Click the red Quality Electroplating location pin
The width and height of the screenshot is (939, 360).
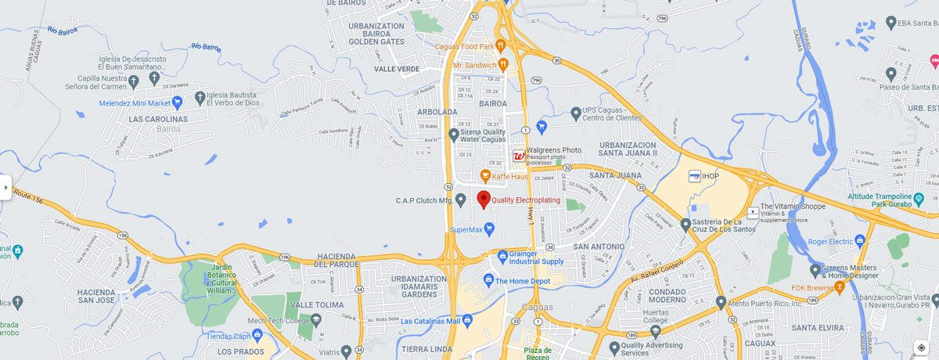point(484,198)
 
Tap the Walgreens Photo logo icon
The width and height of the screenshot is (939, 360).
point(518,157)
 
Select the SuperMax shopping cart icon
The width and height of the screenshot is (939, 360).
point(490,229)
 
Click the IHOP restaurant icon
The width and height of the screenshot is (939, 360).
point(693,176)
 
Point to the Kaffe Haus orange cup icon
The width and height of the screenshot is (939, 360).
point(484,175)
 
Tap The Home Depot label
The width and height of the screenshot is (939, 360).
point(524,280)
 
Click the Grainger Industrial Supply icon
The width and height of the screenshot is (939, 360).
point(502,256)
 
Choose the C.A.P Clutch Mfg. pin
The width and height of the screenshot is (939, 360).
point(461,200)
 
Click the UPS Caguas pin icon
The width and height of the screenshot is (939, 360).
point(576,113)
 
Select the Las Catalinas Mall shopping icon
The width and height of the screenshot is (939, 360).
point(467,321)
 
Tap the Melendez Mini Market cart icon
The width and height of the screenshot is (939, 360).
point(178,103)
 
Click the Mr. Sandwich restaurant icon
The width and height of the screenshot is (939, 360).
point(503,65)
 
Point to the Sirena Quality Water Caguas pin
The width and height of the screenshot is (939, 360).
point(454,135)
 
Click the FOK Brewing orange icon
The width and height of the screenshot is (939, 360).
point(840,288)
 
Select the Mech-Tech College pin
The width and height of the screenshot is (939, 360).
point(316,320)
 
